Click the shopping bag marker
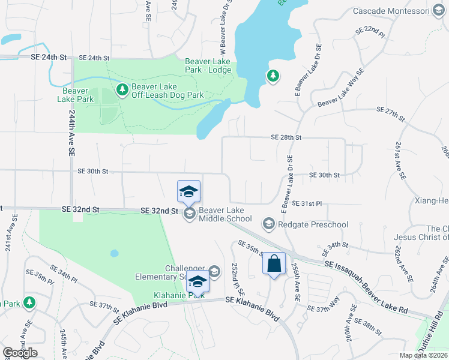pyautogui.click(x=274, y=264)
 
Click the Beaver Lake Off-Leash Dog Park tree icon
pyautogui.click(x=122, y=90)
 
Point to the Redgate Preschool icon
pyautogui.click(x=268, y=224)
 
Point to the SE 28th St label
pyautogui.click(x=285, y=137)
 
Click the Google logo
pyautogui.click(x=20, y=352)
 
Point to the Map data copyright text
pyautogui.click(x=423, y=355)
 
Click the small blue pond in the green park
pyautogui.click(x=114, y=253)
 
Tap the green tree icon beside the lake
pyautogui.click(x=273, y=76)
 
